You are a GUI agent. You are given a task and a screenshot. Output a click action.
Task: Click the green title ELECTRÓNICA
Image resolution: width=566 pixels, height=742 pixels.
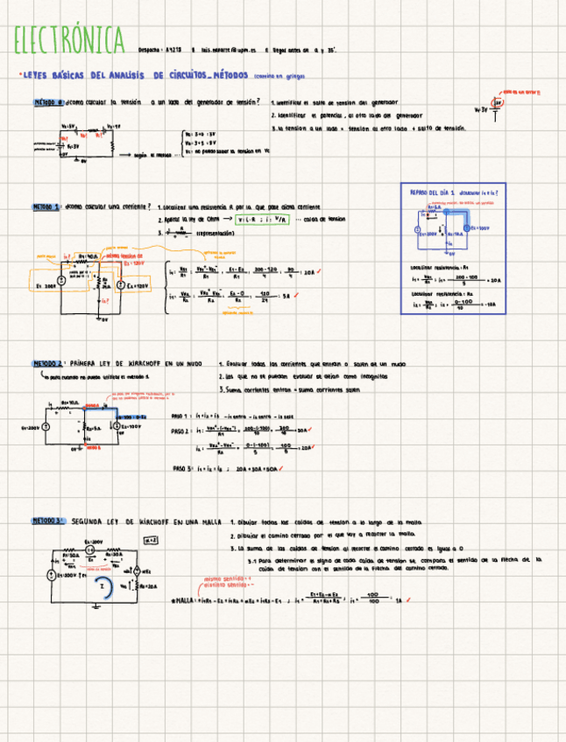(68, 40)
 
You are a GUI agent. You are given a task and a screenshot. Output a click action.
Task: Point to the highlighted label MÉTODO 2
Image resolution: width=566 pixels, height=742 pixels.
(48, 362)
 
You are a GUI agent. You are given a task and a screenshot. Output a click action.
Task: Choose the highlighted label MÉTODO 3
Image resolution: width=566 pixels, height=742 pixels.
(48, 521)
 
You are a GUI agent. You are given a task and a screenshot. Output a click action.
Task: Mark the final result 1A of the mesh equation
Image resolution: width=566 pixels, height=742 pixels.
(399, 600)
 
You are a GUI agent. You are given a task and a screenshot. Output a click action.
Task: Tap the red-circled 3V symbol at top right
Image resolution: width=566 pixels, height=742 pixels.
(499, 103)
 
